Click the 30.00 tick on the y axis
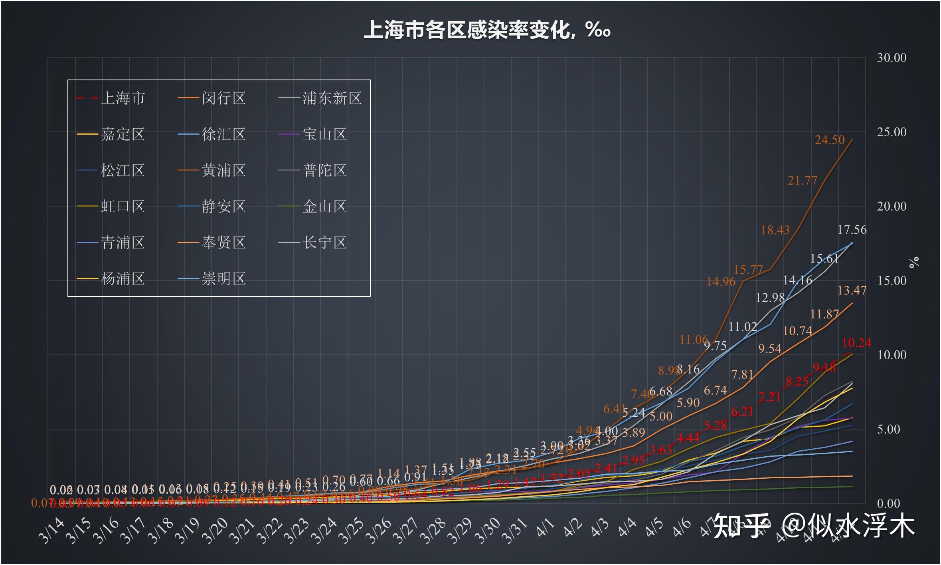click(x=892, y=58)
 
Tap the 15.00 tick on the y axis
click(x=892, y=281)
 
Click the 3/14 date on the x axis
click(x=51, y=530)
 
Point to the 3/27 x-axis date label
click(x=405, y=530)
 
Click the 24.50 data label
click(x=830, y=140)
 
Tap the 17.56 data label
click(x=852, y=230)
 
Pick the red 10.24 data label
click(x=856, y=343)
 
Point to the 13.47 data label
click(x=852, y=290)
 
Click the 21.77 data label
click(x=802, y=181)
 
